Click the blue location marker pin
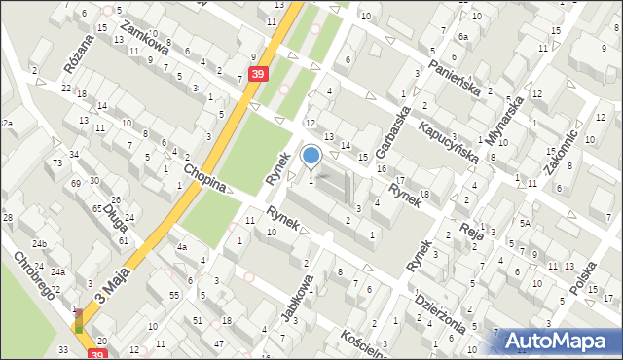tap(311, 155)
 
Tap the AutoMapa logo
tap(559, 340)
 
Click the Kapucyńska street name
tap(450, 142)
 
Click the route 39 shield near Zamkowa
tap(257, 74)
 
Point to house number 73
tap(58, 163)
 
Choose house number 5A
tap(524, 223)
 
